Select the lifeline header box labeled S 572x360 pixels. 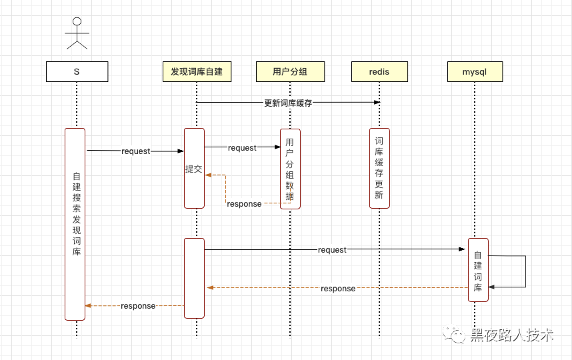click(77, 71)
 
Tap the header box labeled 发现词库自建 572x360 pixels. click(197, 71)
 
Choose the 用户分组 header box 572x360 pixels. click(290, 71)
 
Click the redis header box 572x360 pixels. click(379, 71)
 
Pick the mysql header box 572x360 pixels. click(475, 71)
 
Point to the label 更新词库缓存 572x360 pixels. click(288, 103)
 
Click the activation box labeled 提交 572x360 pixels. click(194, 169)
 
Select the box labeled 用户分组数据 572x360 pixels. click(290, 169)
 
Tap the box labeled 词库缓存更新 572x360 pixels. click(379, 168)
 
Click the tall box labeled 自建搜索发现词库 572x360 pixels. click(75, 223)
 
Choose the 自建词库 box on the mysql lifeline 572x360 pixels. click(478, 269)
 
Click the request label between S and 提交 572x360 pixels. click(136, 151)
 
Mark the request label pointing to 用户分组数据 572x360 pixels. click(242, 148)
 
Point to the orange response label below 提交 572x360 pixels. click(244, 204)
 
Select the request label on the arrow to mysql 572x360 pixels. click(332, 250)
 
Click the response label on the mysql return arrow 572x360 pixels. click(338, 289)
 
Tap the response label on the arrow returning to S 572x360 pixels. click(138, 306)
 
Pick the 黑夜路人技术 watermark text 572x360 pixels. click(512, 335)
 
